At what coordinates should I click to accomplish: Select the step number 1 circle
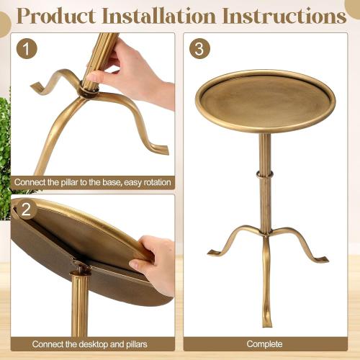point(27,49)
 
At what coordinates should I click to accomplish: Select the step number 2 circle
point(27,210)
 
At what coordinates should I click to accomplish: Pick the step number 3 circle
point(199,49)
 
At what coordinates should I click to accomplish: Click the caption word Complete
point(264,344)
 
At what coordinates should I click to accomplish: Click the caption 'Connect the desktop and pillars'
point(92,344)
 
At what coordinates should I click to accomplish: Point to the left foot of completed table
point(215,251)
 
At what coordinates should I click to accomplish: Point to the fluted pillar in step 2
point(80,310)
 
